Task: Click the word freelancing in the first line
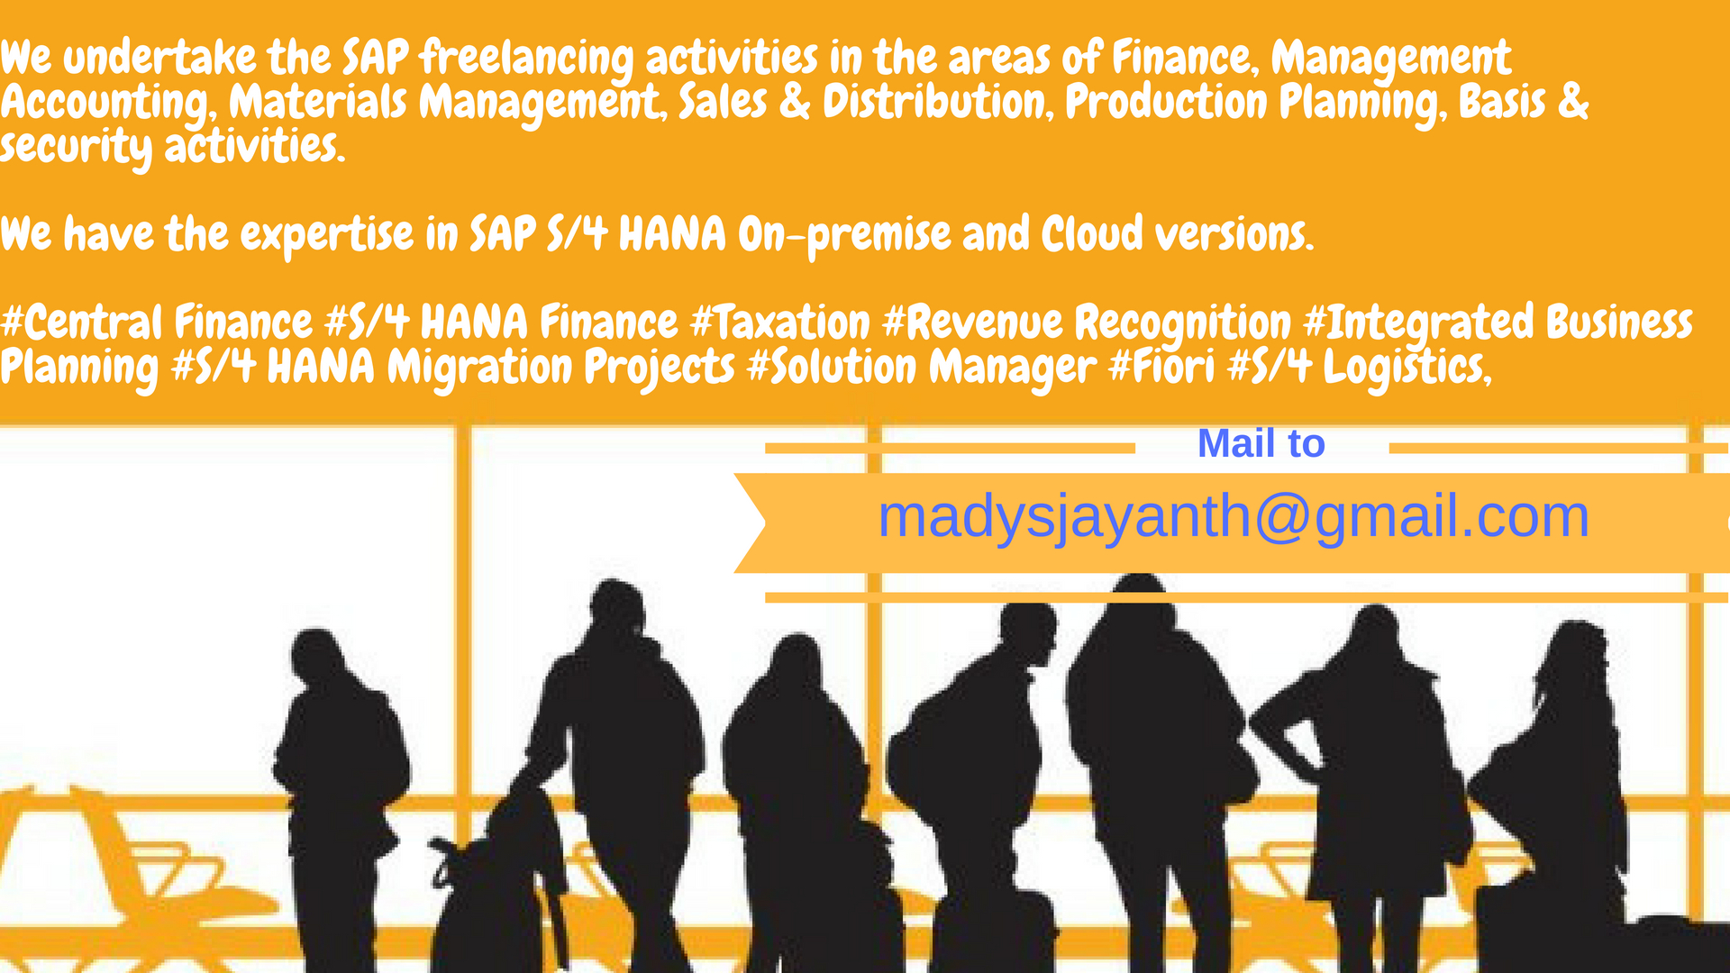coord(527,59)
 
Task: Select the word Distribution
coord(938,102)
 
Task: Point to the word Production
coord(1166,102)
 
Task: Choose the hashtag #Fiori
coord(1161,368)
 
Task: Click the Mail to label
coord(1261,443)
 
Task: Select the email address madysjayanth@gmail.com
coord(1234,518)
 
